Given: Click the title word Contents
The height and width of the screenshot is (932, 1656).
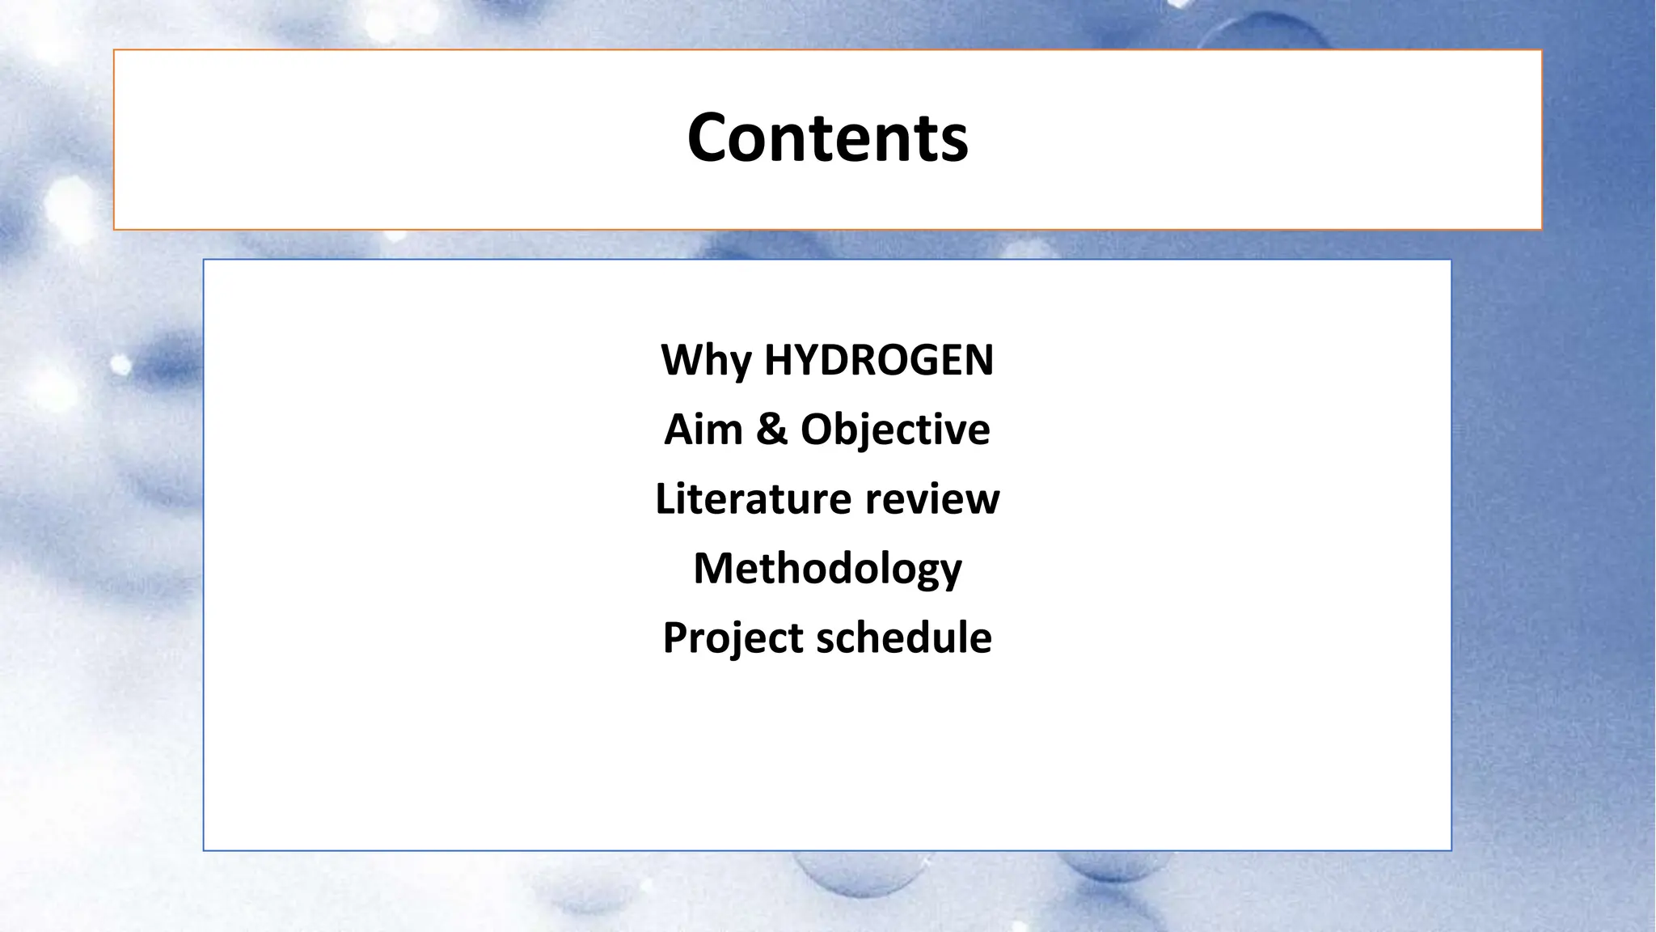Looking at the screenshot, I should click(827, 138).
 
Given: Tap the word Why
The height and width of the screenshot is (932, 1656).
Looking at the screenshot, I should click(706, 360).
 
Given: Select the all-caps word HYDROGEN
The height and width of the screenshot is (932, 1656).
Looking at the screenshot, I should click(878, 360).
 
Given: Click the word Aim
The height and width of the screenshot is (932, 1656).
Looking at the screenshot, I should click(703, 429).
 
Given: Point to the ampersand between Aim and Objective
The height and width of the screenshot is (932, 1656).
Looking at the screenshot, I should click(771, 429).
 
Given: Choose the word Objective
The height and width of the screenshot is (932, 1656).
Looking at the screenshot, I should click(895, 429).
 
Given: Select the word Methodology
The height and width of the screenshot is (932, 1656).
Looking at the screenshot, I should click(827, 568).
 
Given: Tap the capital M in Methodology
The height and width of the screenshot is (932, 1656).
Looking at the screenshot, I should click(714, 568).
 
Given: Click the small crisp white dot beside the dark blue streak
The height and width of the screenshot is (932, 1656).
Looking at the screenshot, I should click(120, 365).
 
